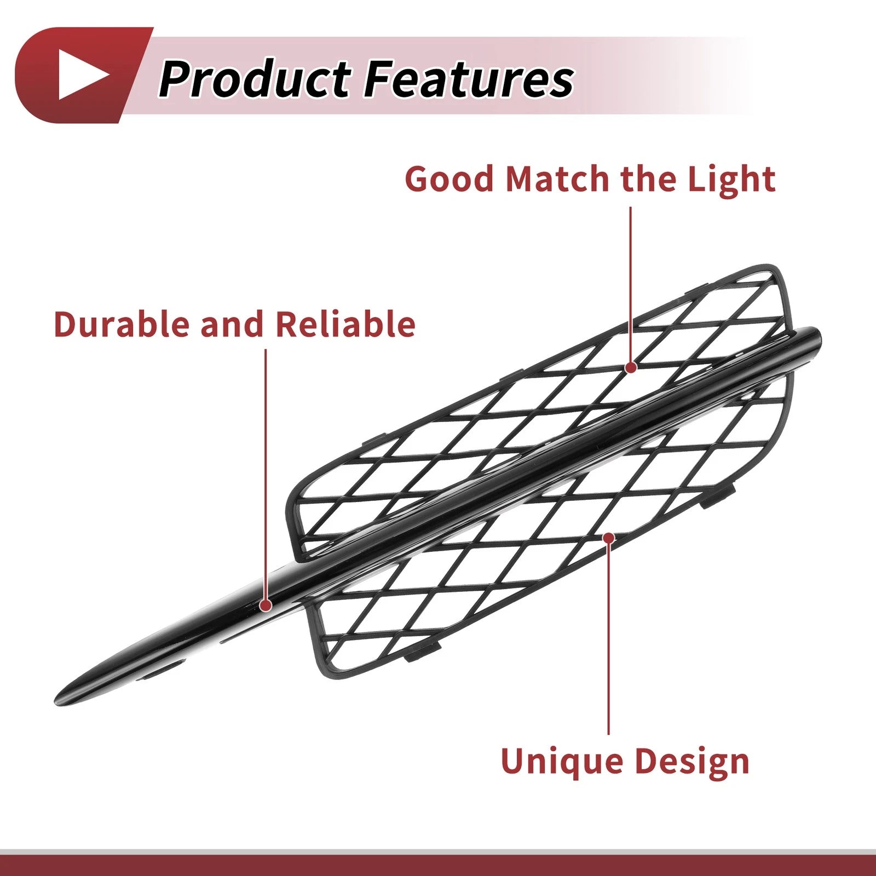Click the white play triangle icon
coord(81,75)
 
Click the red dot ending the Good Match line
coord(631,367)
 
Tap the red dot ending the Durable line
coord(266,605)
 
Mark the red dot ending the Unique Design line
coord(608,538)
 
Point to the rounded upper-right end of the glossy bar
coord(816,335)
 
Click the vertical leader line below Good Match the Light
coord(631,284)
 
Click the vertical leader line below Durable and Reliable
coord(266,474)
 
